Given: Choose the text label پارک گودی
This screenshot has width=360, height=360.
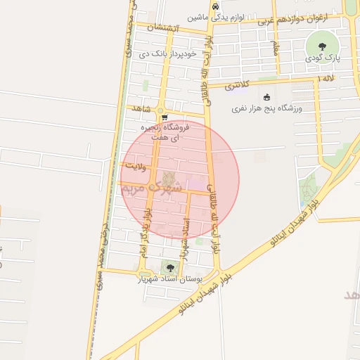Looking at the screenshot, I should tap(323, 58).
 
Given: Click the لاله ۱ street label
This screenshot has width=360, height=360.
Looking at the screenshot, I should tap(326, 81).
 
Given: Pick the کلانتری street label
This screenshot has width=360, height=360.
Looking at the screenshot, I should tap(239, 87).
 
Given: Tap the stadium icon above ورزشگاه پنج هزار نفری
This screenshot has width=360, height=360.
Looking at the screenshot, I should tap(266, 98).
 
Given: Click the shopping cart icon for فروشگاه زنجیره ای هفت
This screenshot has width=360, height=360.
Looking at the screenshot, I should tap(164, 117).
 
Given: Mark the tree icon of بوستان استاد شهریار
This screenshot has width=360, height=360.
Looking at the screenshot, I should tap(169, 266).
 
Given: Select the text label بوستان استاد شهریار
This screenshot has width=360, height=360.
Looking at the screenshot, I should tap(170, 279).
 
